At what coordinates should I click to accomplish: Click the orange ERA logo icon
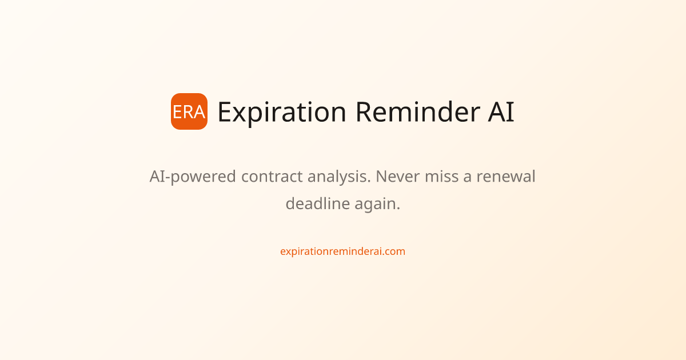(x=189, y=111)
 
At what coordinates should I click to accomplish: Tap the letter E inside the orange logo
(x=177, y=112)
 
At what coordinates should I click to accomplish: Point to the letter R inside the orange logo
(x=188, y=112)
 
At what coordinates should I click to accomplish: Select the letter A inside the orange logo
(x=200, y=112)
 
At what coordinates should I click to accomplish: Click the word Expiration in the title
(x=282, y=112)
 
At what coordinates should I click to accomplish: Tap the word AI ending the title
(x=501, y=112)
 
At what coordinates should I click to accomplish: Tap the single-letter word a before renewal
(x=467, y=177)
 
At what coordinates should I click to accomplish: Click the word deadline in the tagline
(x=312, y=203)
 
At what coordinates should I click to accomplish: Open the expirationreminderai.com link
(x=342, y=251)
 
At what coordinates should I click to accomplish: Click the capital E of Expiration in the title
(x=225, y=112)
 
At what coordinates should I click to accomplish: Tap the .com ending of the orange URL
(x=395, y=251)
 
